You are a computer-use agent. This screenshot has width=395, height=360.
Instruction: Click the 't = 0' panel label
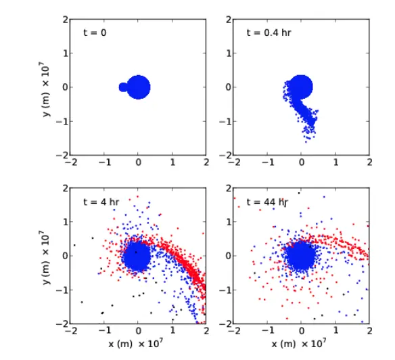95,32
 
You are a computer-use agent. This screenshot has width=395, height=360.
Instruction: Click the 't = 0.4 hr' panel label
269,32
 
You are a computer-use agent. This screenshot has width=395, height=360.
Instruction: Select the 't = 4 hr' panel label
101,202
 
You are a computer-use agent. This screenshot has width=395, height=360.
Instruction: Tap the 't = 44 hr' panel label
267,202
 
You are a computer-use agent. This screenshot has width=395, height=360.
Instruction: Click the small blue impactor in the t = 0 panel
122,87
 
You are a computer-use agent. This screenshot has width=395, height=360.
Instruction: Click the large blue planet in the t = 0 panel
138,87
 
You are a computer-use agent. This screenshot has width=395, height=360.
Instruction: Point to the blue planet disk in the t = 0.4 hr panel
301,87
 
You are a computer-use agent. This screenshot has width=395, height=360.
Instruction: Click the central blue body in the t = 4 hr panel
137,256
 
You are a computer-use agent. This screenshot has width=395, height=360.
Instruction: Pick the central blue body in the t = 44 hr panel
301,257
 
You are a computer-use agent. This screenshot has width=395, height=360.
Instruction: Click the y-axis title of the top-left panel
46,89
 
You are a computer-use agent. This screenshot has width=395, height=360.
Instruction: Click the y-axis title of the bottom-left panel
46,258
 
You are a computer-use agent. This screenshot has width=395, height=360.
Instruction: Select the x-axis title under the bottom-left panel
135,343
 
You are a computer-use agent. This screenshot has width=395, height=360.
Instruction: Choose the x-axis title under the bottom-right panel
299,343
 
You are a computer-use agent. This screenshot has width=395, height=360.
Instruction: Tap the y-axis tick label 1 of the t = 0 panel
66,53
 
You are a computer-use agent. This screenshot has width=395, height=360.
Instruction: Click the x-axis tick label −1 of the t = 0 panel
105,162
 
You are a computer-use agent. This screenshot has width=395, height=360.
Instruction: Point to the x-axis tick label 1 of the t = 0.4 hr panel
335,162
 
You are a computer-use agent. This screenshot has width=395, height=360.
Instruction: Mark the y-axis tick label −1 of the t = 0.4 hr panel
225,122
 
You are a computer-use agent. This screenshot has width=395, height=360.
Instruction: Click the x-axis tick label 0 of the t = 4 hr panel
138,331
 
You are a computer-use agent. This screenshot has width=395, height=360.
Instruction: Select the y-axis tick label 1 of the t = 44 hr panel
229,222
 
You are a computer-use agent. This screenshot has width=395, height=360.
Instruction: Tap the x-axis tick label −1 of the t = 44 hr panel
268,331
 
